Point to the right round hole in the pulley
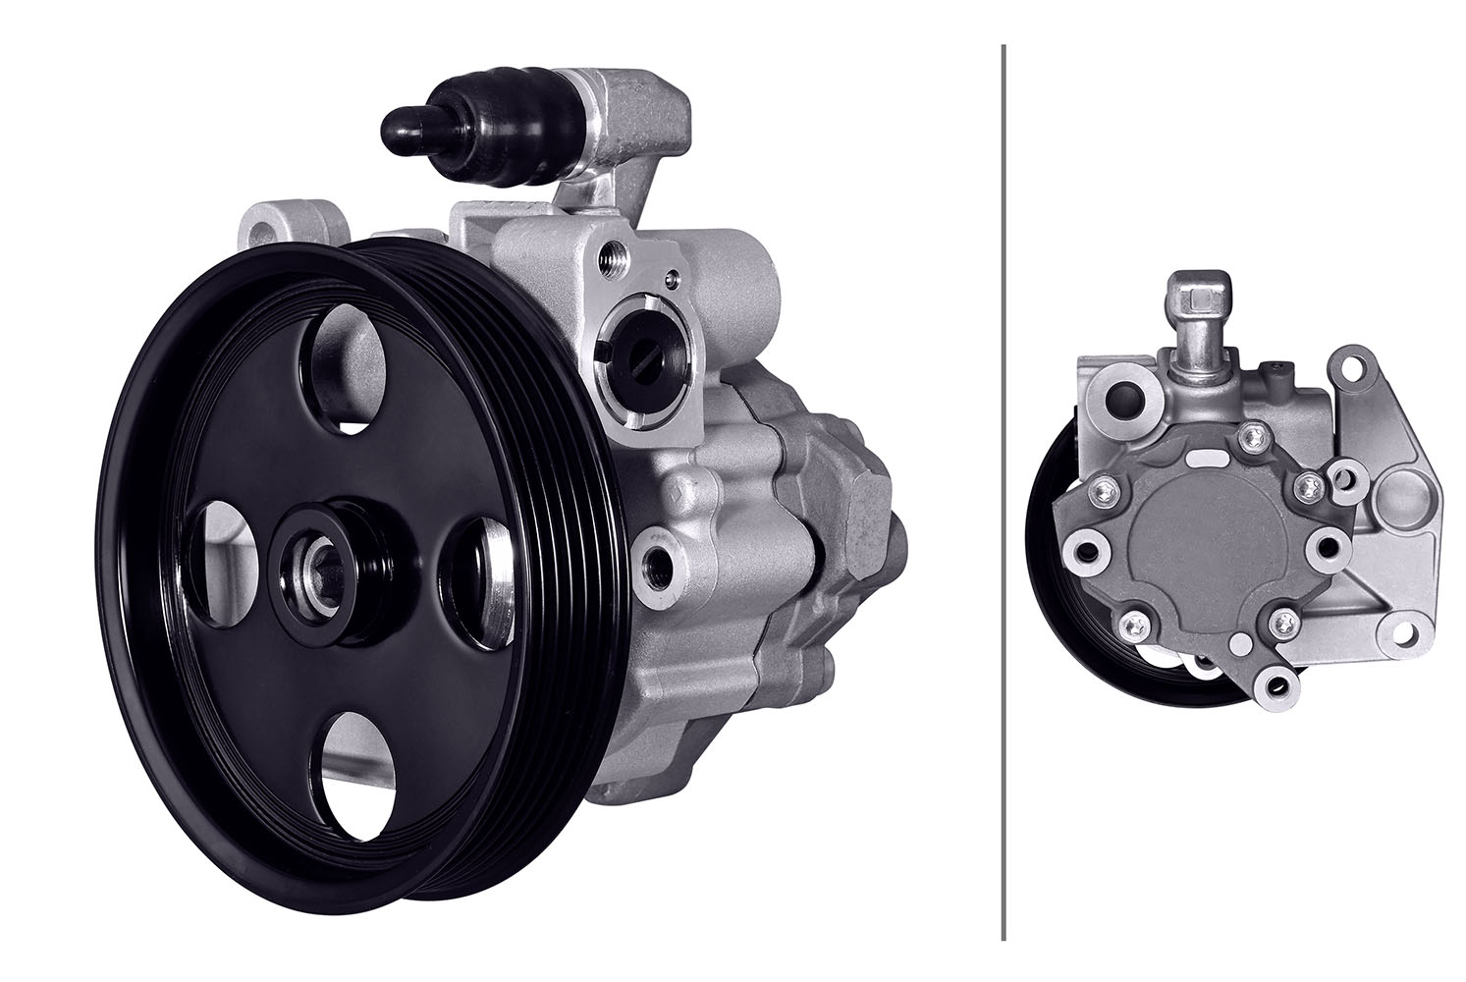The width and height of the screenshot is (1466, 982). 478,584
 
